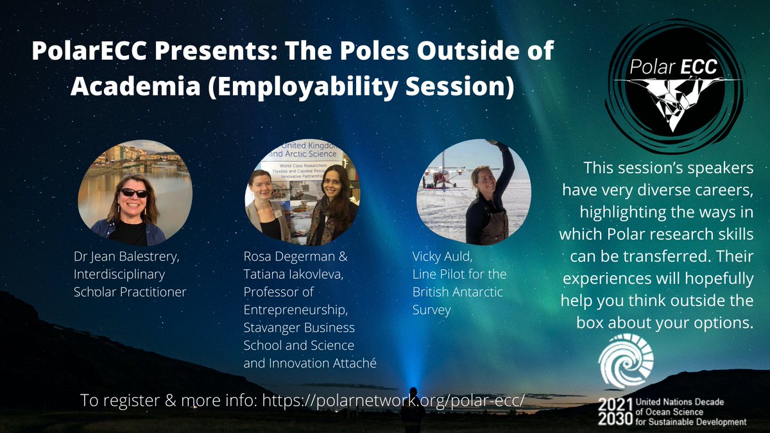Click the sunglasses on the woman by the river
point(134,192)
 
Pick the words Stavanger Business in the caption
point(299,328)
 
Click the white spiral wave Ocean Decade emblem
point(625,361)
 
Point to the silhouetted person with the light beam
point(411,407)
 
